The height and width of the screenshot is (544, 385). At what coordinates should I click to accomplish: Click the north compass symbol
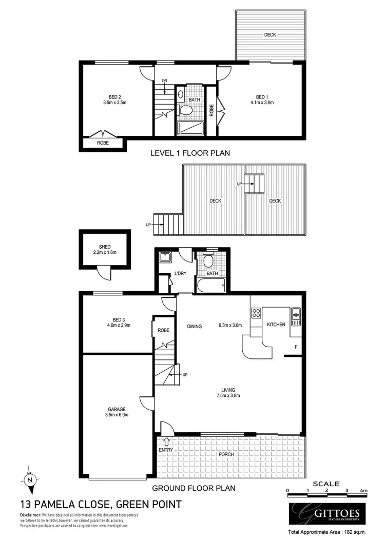pos(30,480)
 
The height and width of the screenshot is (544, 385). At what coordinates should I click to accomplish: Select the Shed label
pos(105,250)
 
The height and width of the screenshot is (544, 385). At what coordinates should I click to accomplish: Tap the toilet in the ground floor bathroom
pos(208,261)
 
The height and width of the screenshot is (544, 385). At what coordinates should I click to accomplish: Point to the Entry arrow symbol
pos(166,440)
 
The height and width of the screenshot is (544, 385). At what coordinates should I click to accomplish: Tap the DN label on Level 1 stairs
pos(164,80)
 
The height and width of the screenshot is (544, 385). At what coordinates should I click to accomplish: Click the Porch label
pos(226,454)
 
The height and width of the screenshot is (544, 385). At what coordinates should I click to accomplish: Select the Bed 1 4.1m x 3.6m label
pos(261,99)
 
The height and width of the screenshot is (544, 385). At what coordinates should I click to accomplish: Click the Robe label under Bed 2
pos(103,144)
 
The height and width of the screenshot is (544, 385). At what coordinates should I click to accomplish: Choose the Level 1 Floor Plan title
pos(189,153)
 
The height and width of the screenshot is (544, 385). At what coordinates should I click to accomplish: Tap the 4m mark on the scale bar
pos(363,491)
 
